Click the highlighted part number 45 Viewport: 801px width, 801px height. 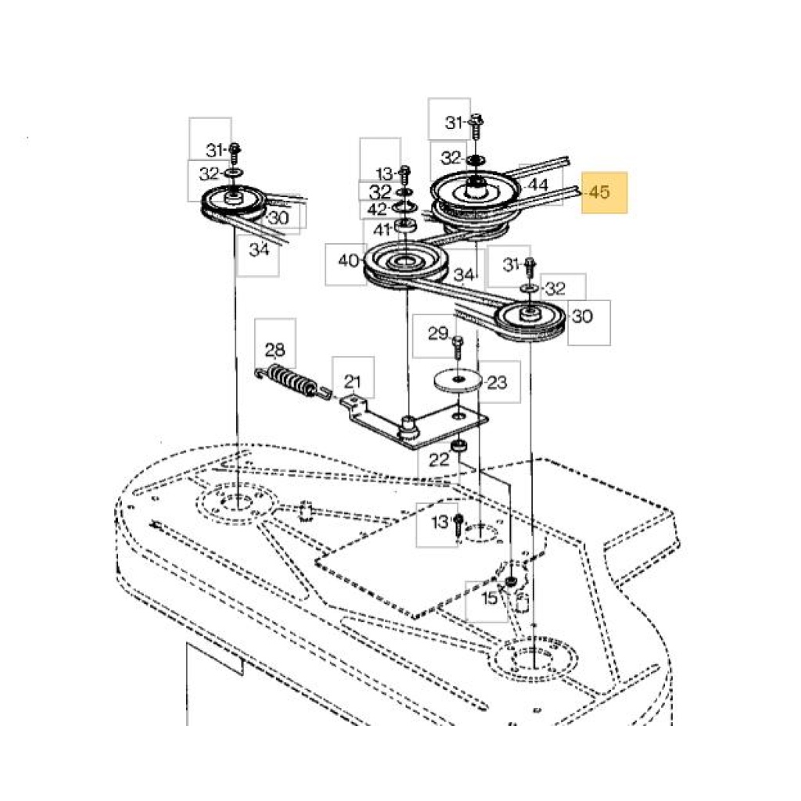(599, 192)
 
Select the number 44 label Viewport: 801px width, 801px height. (537, 185)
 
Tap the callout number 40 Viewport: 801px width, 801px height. (348, 260)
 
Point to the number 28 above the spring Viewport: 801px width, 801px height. (275, 350)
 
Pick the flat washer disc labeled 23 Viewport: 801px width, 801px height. (458, 381)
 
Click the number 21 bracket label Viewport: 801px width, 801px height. (353, 381)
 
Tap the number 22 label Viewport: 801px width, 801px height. (438, 460)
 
